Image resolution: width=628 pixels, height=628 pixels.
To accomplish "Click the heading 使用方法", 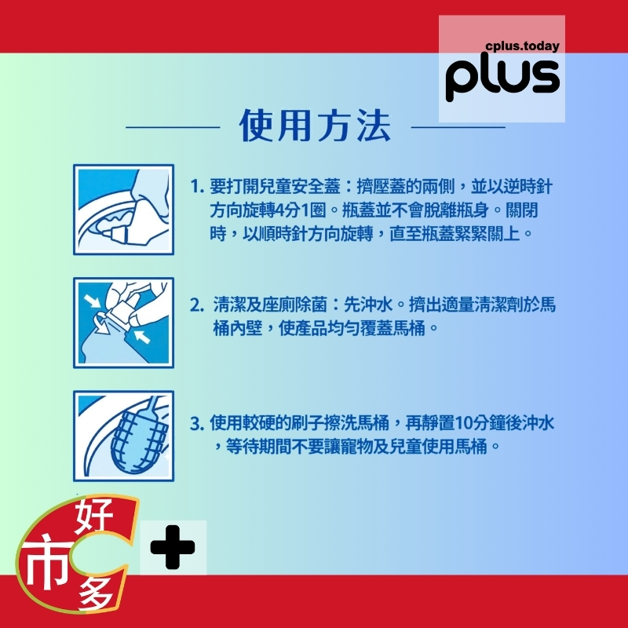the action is click(315, 126).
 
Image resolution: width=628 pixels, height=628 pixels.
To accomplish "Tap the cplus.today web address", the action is click(522, 46).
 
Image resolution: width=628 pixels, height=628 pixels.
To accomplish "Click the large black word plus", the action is click(502, 76).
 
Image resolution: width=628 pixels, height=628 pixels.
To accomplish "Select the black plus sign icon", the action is click(173, 547).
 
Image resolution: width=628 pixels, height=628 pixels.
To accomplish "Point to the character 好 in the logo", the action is click(94, 516).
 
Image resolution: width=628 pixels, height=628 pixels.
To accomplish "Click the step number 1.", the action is click(197, 187).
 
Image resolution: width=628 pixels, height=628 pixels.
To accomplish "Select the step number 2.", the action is click(197, 305).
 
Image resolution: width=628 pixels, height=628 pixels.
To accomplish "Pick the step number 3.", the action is click(197, 424).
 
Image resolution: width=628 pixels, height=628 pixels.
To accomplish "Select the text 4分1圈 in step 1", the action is click(301, 210).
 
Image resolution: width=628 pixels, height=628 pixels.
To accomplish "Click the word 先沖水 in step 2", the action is click(368, 305).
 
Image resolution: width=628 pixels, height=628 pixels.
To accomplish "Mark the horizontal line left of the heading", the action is click(173, 127).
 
